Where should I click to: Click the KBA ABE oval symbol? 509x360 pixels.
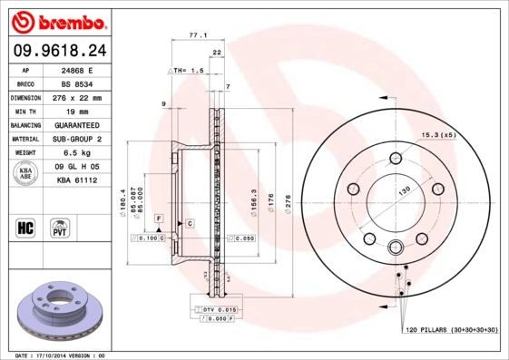pyautogui.click(x=25, y=174)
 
